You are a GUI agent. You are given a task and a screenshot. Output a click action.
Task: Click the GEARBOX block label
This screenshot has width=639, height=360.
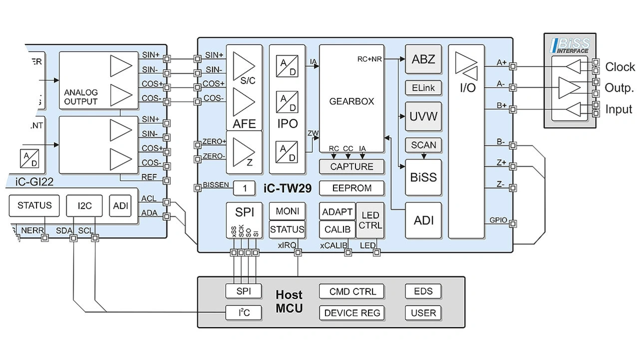tap(351, 101)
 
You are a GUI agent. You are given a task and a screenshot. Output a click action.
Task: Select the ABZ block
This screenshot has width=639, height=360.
tap(423, 59)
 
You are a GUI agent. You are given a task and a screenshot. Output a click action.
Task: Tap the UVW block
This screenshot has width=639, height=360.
tap(423, 117)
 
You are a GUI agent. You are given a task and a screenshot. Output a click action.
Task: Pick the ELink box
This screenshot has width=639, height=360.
tap(423, 88)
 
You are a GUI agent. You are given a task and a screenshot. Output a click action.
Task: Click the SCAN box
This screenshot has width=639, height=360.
tap(423, 145)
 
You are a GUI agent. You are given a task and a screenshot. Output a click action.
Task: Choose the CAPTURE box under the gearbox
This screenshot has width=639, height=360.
tap(351, 167)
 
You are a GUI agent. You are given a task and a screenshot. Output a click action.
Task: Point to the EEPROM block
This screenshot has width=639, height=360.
tap(351, 188)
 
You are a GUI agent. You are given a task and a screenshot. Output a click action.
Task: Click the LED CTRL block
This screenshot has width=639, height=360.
tap(370, 220)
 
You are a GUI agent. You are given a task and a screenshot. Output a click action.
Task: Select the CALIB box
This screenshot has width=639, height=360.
tap(337, 230)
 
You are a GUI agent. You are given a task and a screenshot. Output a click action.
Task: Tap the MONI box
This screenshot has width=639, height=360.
tap(287, 211)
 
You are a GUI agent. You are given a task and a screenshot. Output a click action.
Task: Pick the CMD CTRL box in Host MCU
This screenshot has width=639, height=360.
tap(352, 292)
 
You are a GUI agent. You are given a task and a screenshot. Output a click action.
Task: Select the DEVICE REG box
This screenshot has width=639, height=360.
tap(352, 313)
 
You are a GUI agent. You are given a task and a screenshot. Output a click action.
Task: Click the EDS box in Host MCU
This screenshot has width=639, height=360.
tap(423, 292)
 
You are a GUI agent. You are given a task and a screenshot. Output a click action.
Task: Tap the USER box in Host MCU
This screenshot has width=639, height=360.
tap(423, 313)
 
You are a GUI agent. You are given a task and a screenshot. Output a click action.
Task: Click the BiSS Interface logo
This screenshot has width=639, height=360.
tap(569, 45)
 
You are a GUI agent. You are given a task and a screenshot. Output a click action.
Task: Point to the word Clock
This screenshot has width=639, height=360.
tap(620, 67)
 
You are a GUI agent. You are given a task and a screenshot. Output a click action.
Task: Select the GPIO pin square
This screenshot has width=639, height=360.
tap(513, 223)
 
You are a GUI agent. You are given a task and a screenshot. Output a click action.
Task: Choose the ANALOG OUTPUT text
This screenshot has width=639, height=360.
tap(81, 97)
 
